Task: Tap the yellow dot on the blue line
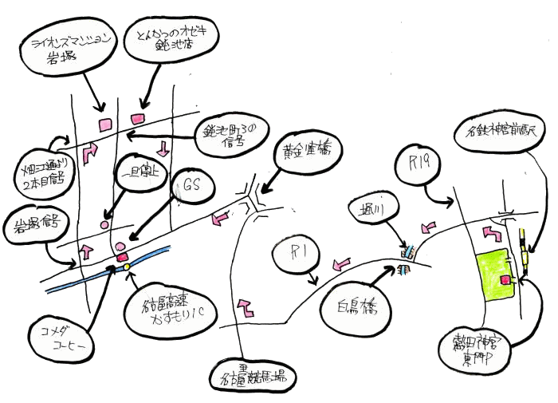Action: [126, 267]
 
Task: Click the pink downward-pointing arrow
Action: [164, 148]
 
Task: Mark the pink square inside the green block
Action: [505, 279]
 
